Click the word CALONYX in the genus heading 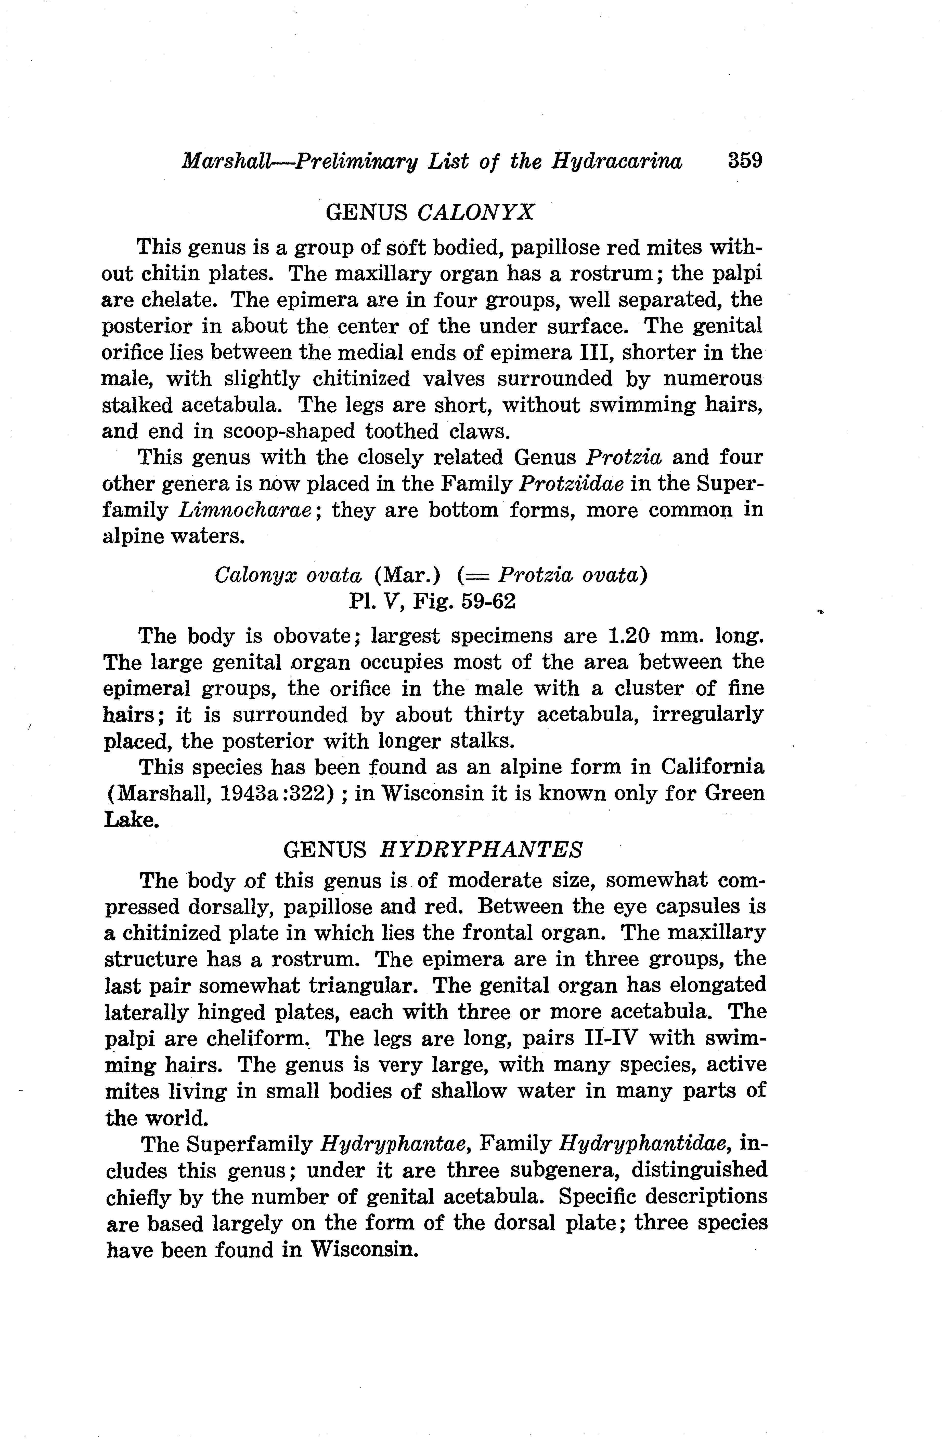(476, 212)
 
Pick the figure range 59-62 (488, 602)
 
